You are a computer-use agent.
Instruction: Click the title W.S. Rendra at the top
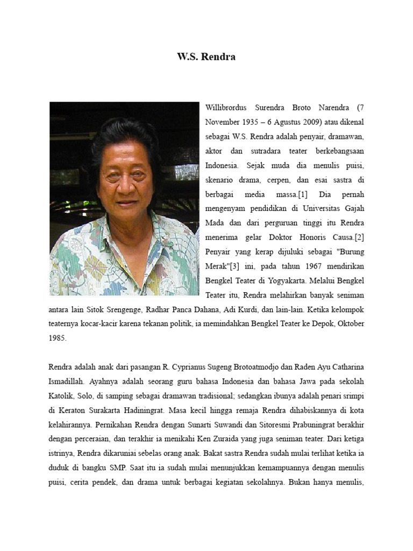pyautogui.click(x=206, y=56)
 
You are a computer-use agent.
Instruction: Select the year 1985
pyautogui.click(x=58, y=338)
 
